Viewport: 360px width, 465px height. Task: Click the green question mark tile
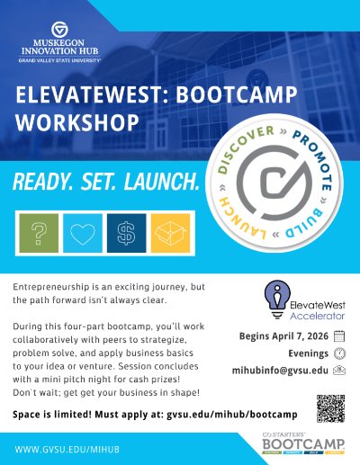click(39, 234)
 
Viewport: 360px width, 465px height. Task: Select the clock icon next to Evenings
click(339, 353)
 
